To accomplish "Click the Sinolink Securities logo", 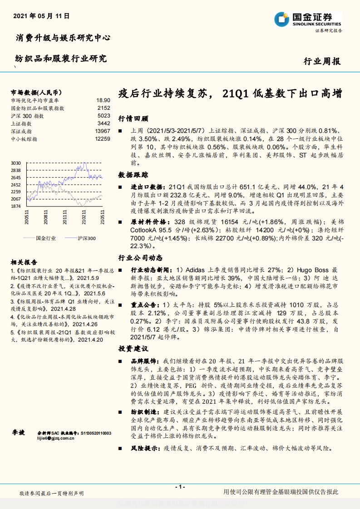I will [x=307, y=20].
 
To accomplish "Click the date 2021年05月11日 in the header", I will [x=41, y=16].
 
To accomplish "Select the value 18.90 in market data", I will [x=103, y=100].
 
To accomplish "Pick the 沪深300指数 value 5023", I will [x=104, y=116].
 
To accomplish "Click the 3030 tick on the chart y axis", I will [x=16, y=163].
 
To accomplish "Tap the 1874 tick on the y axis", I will [x=16, y=206].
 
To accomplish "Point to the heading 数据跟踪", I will [x=133, y=175].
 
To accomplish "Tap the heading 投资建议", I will [x=133, y=349].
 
